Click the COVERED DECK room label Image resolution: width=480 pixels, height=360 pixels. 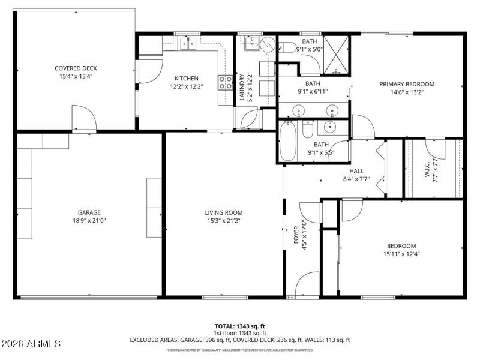(75, 68)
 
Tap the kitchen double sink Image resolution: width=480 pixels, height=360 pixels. (190, 43)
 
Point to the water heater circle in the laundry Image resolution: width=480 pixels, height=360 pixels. (268, 43)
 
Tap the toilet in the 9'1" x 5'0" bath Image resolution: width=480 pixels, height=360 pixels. (288, 49)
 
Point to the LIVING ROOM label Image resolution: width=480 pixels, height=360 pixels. (224, 212)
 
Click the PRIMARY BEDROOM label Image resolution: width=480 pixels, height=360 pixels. (407, 84)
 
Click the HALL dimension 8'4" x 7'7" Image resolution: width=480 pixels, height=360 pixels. (356, 179)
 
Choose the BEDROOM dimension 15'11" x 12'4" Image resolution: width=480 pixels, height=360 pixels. (401, 254)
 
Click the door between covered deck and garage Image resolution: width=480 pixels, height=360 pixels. (84, 122)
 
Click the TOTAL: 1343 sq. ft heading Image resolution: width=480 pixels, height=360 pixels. (240, 326)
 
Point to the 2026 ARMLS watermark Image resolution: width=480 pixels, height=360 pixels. (31, 344)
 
